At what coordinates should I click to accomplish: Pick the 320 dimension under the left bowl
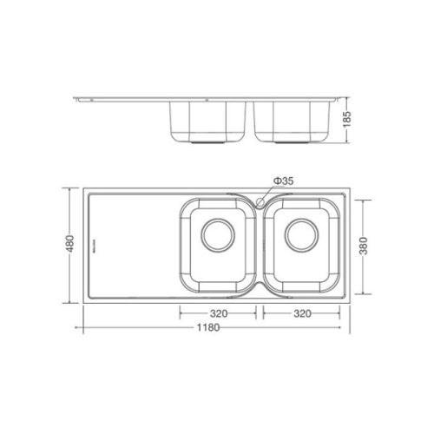point(217,312)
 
